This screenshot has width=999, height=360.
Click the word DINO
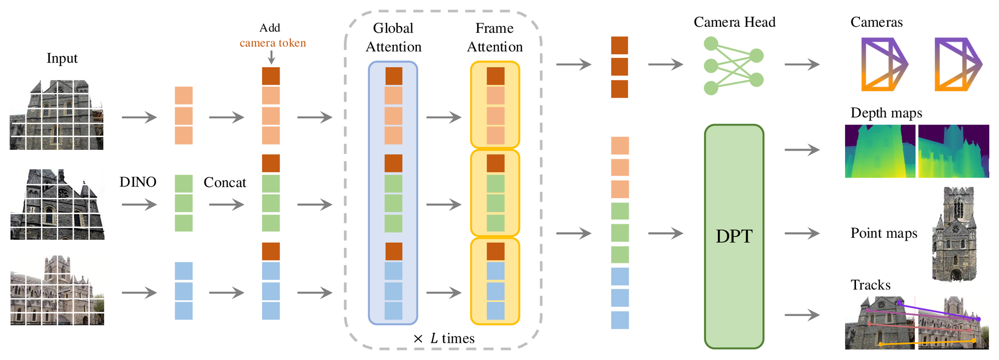coord(138,182)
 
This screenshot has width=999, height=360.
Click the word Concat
coord(225,182)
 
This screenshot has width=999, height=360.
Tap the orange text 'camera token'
coord(273,43)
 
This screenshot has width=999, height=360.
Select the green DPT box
coord(734,237)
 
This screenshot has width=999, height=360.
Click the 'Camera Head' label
coord(734,22)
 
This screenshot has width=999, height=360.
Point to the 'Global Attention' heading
coord(394,37)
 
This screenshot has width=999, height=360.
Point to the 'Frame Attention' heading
coord(495,37)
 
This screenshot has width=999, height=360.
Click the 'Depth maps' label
coord(886,113)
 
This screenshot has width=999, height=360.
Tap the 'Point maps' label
coord(884,233)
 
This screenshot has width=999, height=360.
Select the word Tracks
coord(870,285)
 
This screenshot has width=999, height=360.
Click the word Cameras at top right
coord(876,22)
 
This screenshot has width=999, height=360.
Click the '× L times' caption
coord(444,338)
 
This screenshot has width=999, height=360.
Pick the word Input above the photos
coord(62,59)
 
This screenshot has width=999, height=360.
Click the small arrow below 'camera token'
coord(271,57)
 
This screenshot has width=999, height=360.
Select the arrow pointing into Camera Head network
coord(666,64)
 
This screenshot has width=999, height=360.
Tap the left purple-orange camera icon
coord(884,64)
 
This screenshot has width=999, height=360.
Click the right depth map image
coord(954,151)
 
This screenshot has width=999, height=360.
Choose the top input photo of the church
coord(57,115)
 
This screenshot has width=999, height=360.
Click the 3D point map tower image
coord(954,234)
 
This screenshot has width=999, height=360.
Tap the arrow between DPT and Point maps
coord(802,233)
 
